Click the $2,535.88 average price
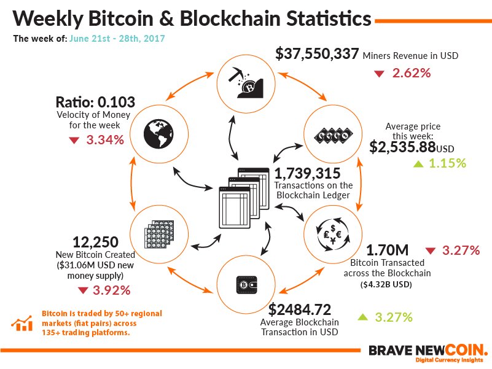(402, 147)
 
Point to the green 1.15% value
(448, 164)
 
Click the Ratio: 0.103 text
(95, 102)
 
